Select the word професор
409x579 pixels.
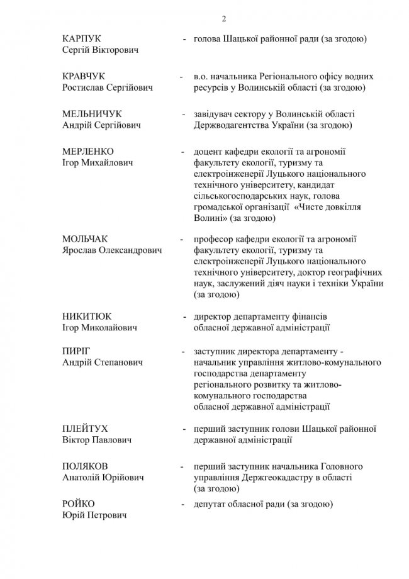[x=215, y=239]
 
